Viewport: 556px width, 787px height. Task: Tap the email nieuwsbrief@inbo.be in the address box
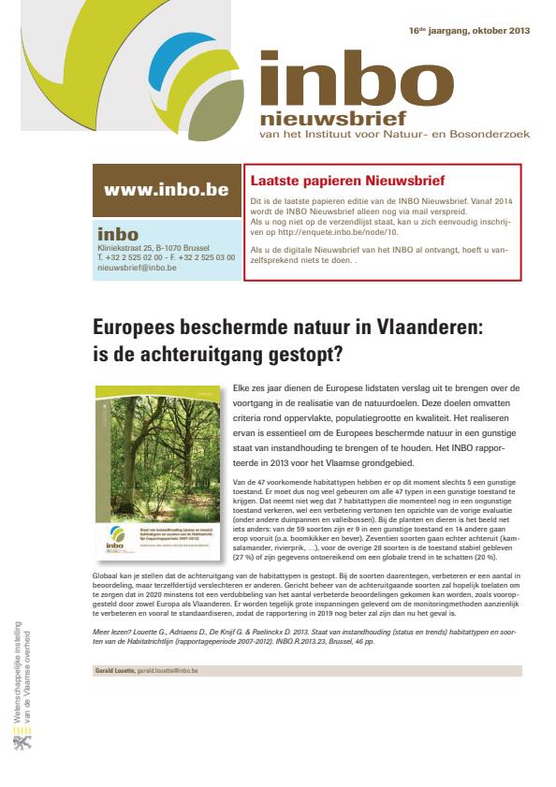[x=137, y=268]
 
